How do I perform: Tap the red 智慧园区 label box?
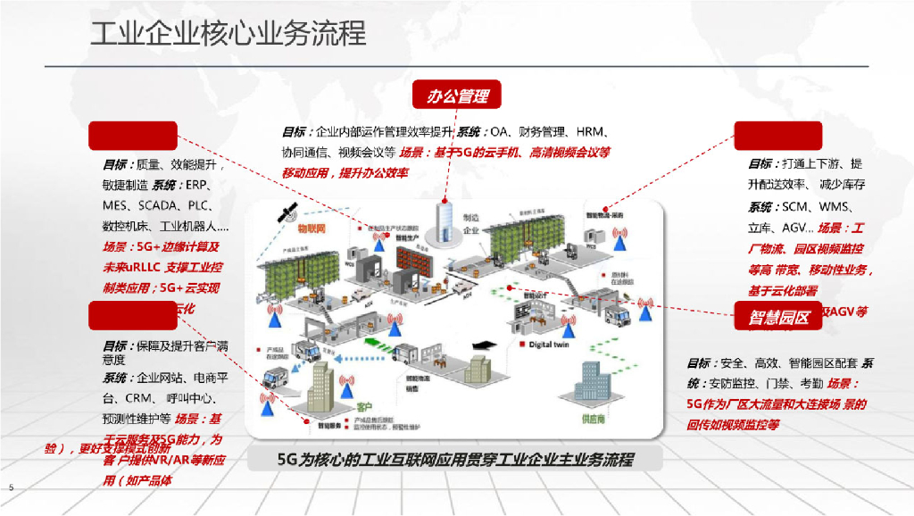772,317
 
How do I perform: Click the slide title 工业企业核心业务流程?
228,33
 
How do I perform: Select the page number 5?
11,487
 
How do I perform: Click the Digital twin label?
552,343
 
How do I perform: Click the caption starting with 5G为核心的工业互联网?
455,460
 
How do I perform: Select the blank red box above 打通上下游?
777,136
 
